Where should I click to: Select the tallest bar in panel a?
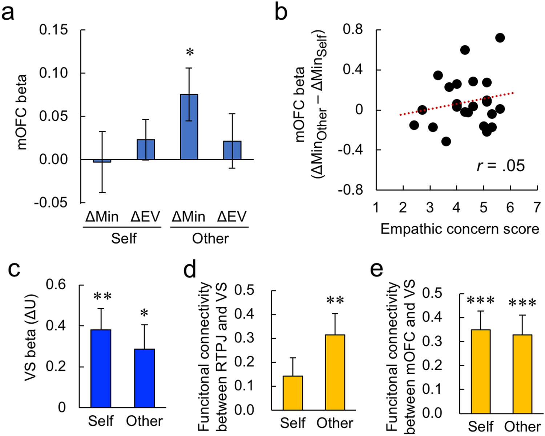click(x=189, y=127)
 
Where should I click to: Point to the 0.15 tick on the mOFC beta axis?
click(x=53, y=30)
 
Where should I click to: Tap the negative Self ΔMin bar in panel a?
click(x=102, y=161)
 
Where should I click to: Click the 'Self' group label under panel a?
click(x=124, y=239)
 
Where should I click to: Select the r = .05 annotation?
click(x=501, y=166)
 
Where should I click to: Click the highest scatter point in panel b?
click(x=500, y=38)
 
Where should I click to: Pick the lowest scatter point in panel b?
click(x=446, y=142)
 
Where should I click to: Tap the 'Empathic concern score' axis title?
click(x=460, y=229)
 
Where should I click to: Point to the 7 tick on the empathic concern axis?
click(x=537, y=207)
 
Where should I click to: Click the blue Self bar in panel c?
click(x=101, y=368)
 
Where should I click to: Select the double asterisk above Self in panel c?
click(x=102, y=297)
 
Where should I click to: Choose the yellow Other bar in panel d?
click(x=335, y=372)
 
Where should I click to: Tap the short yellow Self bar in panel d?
click(x=293, y=393)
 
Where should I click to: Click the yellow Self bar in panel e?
click(x=481, y=371)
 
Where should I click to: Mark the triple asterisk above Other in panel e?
click(x=522, y=303)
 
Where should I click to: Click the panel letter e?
click(x=376, y=270)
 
